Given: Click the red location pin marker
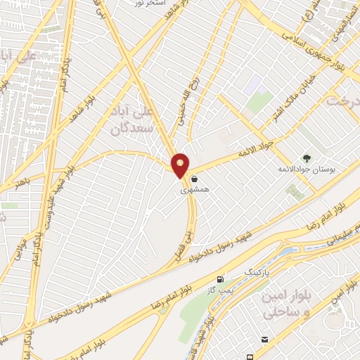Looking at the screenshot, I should point(181,165).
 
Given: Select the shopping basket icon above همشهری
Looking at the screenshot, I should point(193,179).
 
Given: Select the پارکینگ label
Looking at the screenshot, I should point(256,270).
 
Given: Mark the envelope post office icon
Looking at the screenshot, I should point(263,340).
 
